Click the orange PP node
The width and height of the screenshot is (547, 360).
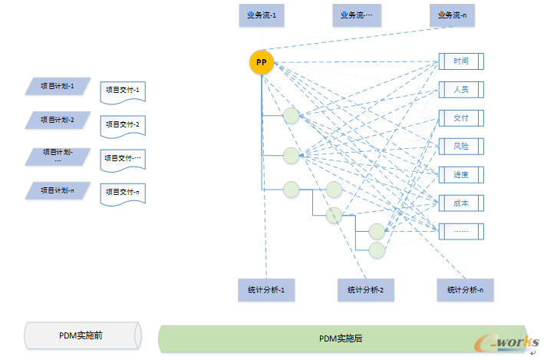tap(262, 62)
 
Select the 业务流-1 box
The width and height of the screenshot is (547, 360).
tap(262, 15)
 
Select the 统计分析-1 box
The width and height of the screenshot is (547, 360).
tap(266, 289)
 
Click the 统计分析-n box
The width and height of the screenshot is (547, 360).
tap(465, 289)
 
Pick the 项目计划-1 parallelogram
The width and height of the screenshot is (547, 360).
tap(58, 86)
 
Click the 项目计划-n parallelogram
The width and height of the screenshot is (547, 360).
tap(58, 190)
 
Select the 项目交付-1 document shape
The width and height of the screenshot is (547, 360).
tap(123, 91)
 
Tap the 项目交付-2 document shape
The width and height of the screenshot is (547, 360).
tap(123, 124)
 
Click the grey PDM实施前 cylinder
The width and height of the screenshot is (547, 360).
tap(83, 336)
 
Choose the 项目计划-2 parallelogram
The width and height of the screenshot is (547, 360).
tap(58, 120)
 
